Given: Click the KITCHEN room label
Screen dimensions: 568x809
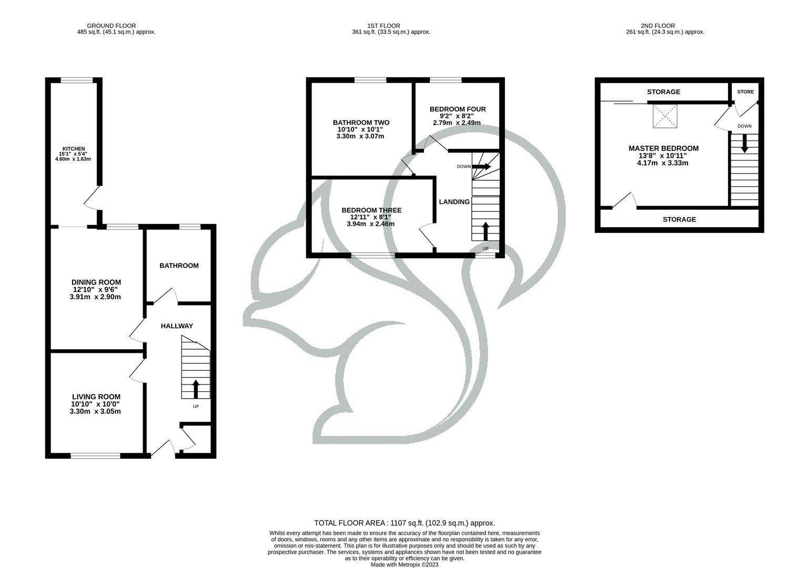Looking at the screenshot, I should [x=74, y=149].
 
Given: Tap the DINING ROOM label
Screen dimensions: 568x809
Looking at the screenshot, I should [x=96, y=282].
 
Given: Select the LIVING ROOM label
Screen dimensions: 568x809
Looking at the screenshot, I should [x=96, y=397].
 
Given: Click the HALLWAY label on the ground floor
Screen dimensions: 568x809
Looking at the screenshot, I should [x=177, y=326].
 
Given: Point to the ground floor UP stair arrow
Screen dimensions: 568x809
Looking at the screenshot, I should [x=196, y=389].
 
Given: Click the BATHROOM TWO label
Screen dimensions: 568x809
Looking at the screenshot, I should [x=361, y=123].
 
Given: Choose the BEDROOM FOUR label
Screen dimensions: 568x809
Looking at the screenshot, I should [x=457, y=109].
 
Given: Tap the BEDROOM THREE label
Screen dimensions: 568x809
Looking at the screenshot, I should [x=371, y=210].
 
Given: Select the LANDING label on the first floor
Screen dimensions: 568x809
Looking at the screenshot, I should [x=454, y=202].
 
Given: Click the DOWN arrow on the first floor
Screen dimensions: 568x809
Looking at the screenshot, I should [x=481, y=167].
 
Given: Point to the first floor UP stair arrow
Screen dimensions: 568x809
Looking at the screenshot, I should [x=485, y=231].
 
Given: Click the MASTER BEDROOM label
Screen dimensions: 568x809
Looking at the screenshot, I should [x=663, y=149].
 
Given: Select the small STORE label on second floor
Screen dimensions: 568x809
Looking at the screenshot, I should [x=745, y=92].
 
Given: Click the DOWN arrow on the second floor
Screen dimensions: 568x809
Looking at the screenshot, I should [x=744, y=144].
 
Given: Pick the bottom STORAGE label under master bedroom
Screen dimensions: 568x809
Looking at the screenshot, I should [x=679, y=219].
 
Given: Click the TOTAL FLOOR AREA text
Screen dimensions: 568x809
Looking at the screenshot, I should [x=404, y=523].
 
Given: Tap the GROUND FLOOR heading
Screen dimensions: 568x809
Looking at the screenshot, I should [x=111, y=26].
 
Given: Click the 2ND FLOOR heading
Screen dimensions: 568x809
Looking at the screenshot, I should [x=658, y=26].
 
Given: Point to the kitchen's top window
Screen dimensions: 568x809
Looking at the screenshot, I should [x=77, y=80].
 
